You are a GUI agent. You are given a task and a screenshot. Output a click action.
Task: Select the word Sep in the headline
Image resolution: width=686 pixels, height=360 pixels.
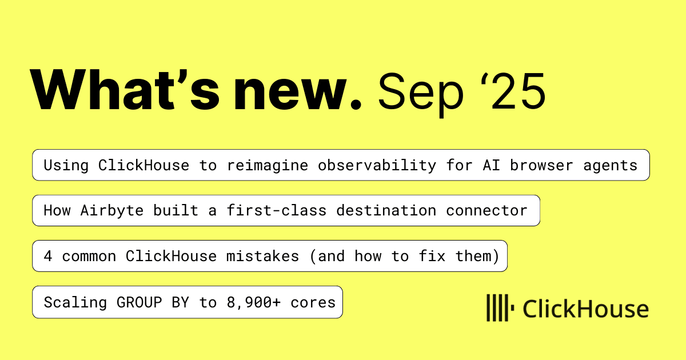pyautogui.click(x=421, y=94)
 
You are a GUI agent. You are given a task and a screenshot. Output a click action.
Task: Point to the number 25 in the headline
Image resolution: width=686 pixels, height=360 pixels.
pyautogui.click(x=519, y=91)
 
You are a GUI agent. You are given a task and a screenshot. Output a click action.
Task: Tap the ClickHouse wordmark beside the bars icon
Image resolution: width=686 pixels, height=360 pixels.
pyautogui.click(x=585, y=309)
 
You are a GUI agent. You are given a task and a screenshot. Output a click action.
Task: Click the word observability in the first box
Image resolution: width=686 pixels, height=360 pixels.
pyautogui.click(x=377, y=166)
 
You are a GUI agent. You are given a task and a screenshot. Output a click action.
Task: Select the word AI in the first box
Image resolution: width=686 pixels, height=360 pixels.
pyautogui.click(x=491, y=165)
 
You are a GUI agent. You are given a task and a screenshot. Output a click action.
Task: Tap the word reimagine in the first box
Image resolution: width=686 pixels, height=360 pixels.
pyautogui.click(x=267, y=166)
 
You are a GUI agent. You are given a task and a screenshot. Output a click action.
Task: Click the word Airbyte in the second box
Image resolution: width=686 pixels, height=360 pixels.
pyautogui.click(x=112, y=211)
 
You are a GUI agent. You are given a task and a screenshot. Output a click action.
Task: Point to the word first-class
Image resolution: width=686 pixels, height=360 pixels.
pyautogui.click(x=277, y=211)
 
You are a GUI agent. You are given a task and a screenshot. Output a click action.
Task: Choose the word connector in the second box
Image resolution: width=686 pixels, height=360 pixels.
pyautogui.click(x=486, y=211)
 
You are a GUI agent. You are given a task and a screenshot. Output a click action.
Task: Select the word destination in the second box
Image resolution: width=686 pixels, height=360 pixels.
pyautogui.click(x=386, y=211)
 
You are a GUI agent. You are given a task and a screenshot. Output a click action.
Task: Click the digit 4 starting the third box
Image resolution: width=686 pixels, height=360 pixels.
pyautogui.click(x=48, y=256)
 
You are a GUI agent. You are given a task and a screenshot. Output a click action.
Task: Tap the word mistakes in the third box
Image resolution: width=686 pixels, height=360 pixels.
pyautogui.click(x=262, y=256)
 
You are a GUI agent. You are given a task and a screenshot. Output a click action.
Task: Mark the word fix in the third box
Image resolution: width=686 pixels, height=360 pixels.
pyautogui.click(x=432, y=256)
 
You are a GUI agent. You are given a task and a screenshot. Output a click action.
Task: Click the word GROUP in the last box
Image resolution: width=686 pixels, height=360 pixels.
pyautogui.click(x=139, y=302)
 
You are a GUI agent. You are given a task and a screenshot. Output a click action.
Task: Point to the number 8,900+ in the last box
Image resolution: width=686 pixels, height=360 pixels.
pyautogui.click(x=254, y=303)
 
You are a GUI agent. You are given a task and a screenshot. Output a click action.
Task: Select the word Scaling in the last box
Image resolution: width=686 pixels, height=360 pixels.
pyautogui.click(x=75, y=303)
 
